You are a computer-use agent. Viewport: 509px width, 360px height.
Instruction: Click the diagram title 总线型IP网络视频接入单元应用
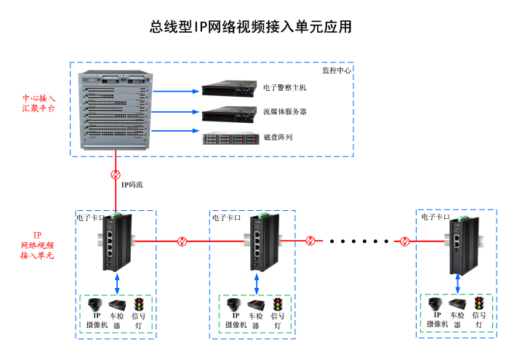pos(251,27)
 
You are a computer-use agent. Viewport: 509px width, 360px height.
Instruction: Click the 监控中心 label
pos(337,71)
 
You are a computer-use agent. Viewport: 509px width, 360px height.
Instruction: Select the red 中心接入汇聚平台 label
pos(39,103)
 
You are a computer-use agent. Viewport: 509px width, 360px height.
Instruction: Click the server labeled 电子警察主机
pos(230,89)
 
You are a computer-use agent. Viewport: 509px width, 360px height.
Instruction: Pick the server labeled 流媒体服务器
pos(230,113)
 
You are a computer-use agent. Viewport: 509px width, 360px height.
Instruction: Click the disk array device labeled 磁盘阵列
pos(230,137)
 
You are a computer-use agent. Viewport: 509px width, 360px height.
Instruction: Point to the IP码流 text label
pos(132,185)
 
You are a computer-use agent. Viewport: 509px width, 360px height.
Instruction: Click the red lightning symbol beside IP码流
pos(116,175)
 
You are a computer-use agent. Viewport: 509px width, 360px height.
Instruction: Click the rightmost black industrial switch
pos(460,244)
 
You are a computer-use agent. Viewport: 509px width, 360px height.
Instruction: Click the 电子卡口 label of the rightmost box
pos(436,217)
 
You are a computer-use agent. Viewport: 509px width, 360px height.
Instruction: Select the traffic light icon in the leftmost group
pos(137,305)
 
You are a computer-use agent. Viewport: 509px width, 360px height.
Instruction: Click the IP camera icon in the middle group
pos(233,305)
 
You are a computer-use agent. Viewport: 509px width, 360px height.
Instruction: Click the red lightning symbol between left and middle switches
pos(183,241)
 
